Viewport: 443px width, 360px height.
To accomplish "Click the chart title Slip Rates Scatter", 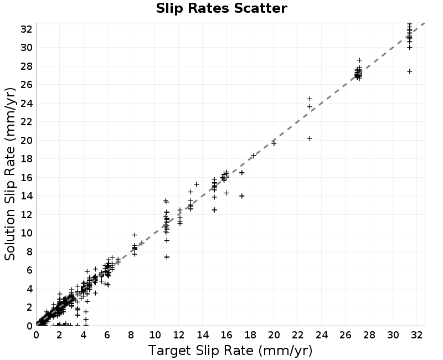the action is (x=221, y=8).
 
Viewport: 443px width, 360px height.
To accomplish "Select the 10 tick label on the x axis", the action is (x=155, y=335).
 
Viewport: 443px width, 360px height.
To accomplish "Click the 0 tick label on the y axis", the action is (x=30, y=326).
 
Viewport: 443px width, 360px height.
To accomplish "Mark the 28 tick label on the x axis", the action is (x=369, y=335).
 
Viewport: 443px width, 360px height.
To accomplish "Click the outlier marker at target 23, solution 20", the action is (x=310, y=138).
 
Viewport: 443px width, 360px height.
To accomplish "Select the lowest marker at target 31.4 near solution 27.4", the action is (x=410, y=71).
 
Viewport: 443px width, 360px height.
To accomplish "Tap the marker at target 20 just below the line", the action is (x=274, y=143).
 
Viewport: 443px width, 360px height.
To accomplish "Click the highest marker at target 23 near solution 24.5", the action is (x=310, y=99).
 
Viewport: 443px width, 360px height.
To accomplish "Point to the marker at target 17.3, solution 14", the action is (x=242, y=196).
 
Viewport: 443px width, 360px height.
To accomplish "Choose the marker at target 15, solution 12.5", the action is (x=214, y=210).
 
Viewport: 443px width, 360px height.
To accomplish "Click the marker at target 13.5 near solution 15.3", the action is (x=197, y=184).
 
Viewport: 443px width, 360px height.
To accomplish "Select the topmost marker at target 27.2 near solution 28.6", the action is (x=359, y=60).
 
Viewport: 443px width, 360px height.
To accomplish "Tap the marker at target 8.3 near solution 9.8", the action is (x=135, y=235).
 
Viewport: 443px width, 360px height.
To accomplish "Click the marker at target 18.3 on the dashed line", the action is (x=254, y=156).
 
